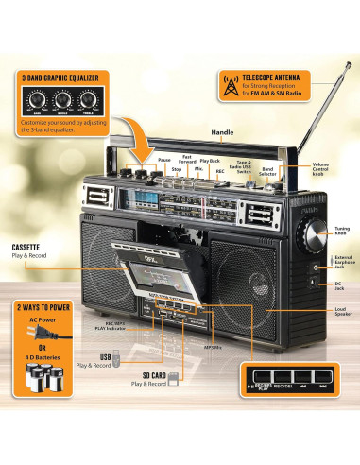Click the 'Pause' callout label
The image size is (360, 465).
[164, 160]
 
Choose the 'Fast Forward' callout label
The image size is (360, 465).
[189, 160]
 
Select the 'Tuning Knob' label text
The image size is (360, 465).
[341, 231]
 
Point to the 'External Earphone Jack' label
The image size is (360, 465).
[342, 263]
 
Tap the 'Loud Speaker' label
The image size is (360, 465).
[342, 313]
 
